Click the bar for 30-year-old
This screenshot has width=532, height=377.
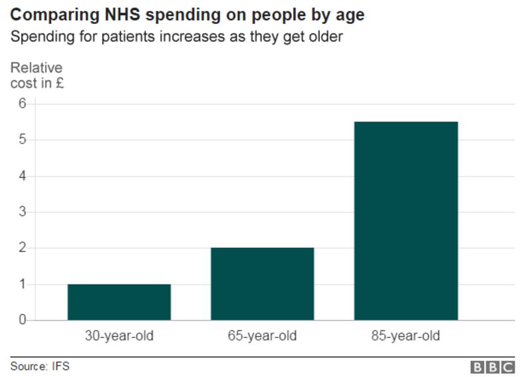[x=119, y=303]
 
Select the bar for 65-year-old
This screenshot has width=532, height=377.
[x=262, y=284]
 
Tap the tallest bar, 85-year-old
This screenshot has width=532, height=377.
[x=406, y=221]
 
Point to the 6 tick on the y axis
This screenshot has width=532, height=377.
[x=22, y=104]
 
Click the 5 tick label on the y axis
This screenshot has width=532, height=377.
[x=22, y=140]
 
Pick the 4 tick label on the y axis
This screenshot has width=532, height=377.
[x=22, y=176]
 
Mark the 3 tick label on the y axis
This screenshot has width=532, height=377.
[x=22, y=212]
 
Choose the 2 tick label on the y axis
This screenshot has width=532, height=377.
[x=22, y=248]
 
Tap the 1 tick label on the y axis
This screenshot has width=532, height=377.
[x=22, y=285]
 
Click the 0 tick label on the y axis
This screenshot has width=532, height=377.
[x=22, y=320]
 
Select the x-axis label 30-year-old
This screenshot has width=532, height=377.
[x=119, y=336]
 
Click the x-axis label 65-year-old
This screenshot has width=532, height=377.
[x=262, y=336]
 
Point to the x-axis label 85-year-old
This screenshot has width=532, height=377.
[x=406, y=336]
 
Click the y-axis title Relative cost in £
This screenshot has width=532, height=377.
[x=37, y=75]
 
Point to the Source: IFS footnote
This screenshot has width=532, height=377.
[x=39, y=366]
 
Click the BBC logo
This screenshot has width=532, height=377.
[x=493, y=367]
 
